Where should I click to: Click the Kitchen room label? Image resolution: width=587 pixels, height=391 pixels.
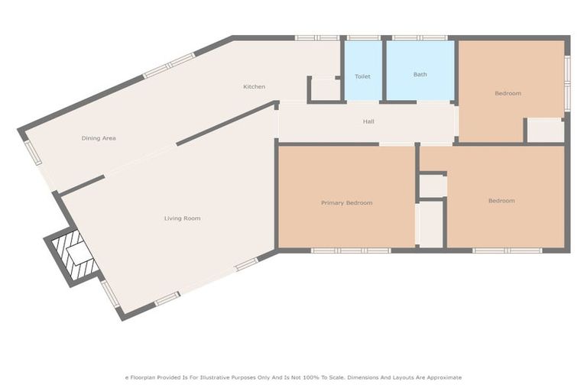[255, 86]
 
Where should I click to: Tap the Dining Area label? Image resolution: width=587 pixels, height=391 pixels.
[99, 138]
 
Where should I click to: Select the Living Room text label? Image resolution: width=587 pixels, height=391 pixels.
[182, 218]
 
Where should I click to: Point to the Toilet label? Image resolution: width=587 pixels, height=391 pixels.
[362, 76]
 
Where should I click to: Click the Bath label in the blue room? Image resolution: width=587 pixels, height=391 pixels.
[420, 74]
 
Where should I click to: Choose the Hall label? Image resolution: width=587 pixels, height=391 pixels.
[368, 121]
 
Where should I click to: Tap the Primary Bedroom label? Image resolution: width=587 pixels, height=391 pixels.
[346, 202]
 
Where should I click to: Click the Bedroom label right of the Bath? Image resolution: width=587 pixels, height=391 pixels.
[508, 93]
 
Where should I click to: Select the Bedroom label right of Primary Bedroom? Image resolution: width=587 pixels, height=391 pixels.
[501, 201]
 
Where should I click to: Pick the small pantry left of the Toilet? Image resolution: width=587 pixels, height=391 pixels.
[326, 89]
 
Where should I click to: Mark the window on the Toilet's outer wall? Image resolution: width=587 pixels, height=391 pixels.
[363, 37]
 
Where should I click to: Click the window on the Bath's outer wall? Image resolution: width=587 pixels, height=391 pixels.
[420, 37]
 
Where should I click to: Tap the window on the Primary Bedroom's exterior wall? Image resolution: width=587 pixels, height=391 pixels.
[350, 250]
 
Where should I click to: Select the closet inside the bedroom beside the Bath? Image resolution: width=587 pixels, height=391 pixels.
[546, 130]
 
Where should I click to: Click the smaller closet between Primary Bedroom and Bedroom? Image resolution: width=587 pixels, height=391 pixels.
[432, 186]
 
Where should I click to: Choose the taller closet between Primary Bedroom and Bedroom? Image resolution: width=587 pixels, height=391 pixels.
[431, 224]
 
